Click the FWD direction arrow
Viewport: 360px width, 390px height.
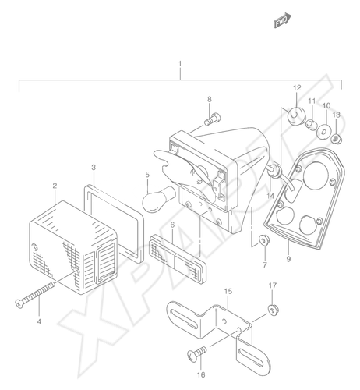pyautogui.click(x=283, y=20)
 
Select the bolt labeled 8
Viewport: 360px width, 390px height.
pyautogui.click(x=212, y=119)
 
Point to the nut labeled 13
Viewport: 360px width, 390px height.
pyautogui.click(x=337, y=140)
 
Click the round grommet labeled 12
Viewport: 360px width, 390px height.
pyautogui.click(x=296, y=116)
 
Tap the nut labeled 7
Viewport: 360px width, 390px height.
pyautogui.click(x=264, y=240)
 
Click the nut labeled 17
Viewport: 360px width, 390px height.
pyautogui.click(x=274, y=310)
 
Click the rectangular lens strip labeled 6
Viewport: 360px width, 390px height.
pyautogui.click(x=178, y=258)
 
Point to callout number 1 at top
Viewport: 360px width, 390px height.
pyautogui.click(x=180, y=64)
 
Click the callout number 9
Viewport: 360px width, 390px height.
pyautogui.click(x=288, y=259)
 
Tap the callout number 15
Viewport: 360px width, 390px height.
pyautogui.click(x=228, y=292)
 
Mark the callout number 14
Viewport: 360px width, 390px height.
pyautogui.click(x=270, y=196)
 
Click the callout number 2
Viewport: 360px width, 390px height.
pyautogui.click(x=55, y=186)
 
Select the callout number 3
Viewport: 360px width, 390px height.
pyautogui.click(x=94, y=167)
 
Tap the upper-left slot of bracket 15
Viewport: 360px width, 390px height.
pyautogui.click(x=184, y=317)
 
